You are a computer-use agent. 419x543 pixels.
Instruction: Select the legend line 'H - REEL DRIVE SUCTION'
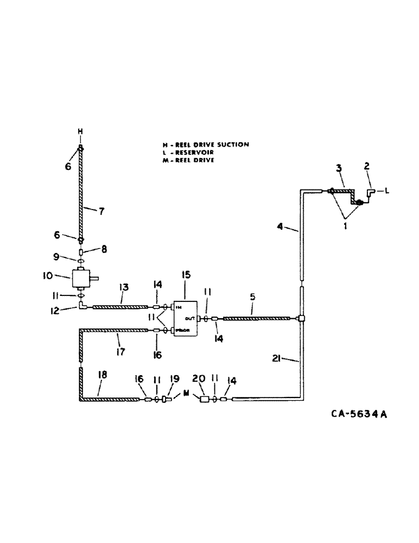point(206,144)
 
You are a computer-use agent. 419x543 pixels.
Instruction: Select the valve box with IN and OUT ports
point(185,318)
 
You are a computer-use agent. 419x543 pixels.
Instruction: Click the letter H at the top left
point(80,131)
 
